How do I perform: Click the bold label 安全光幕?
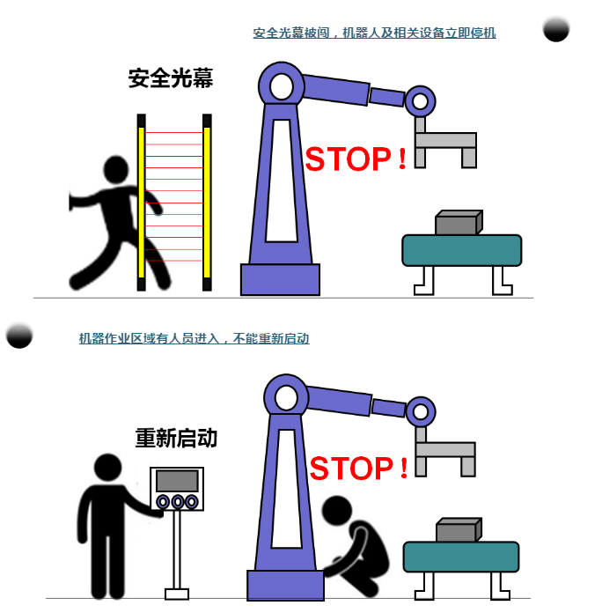click(x=171, y=78)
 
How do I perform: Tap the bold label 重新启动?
click(x=176, y=438)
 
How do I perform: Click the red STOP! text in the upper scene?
click(x=356, y=159)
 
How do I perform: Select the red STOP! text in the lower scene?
click(x=358, y=468)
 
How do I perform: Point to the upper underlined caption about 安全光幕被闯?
click(x=374, y=33)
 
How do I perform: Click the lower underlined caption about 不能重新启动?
click(x=195, y=338)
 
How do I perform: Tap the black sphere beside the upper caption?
click(x=556, y=29)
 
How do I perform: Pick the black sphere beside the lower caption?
click(x=19, y=336)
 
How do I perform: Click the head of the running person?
click(x=116, y=169)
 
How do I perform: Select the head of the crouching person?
click(x=337, y=510)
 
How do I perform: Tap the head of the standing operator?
click(x=108, y=468)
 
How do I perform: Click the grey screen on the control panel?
click(x=177, y=481)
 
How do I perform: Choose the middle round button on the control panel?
click(x=178, y=502)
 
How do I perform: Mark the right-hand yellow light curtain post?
click(x=207, y=202)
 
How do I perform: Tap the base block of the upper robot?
click(x=280, y=279)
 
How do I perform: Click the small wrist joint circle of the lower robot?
click(x=421, y=411)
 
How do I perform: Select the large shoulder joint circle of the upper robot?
click(x=282, y=86)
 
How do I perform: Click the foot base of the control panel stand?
click(x=177, y=595)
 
